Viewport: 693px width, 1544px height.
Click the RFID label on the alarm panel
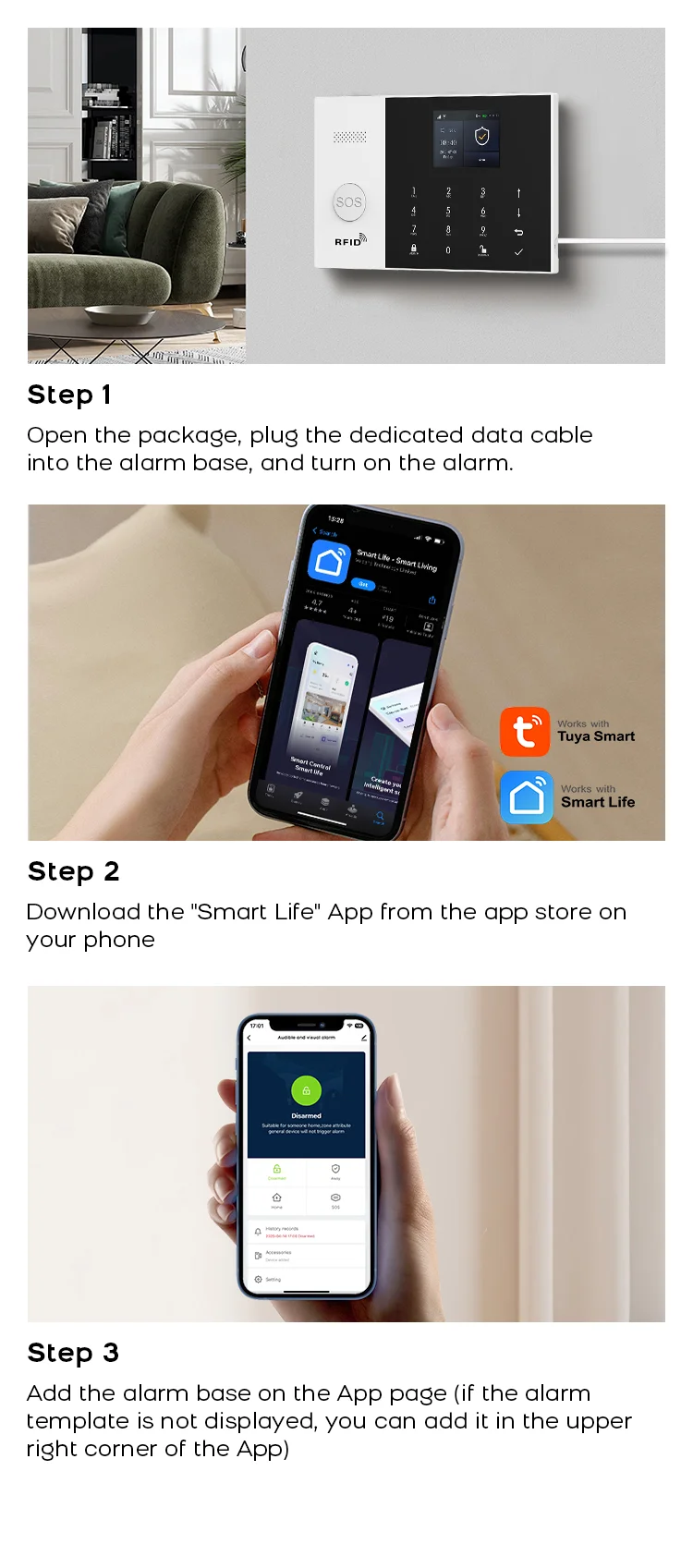click(349, 241)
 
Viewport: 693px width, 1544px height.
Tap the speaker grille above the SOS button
click(349, 138)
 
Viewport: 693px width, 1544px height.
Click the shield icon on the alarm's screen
click(481, 137)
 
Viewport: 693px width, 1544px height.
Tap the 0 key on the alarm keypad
click(448, 250)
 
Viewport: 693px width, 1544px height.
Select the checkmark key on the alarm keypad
click(518, 251)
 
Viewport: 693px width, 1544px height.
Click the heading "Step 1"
click(69, 395)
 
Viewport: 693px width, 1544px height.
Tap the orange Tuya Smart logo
click(525, 732)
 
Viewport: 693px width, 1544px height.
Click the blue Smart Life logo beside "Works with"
click(527, 796)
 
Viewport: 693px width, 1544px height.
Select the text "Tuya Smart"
click(596, 736)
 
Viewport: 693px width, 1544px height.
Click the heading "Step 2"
click(74, 871)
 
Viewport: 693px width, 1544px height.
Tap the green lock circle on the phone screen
click(306, 1090)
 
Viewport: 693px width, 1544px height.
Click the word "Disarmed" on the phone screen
click(306, 1115)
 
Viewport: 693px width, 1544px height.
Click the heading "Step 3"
click(74, 1353)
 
